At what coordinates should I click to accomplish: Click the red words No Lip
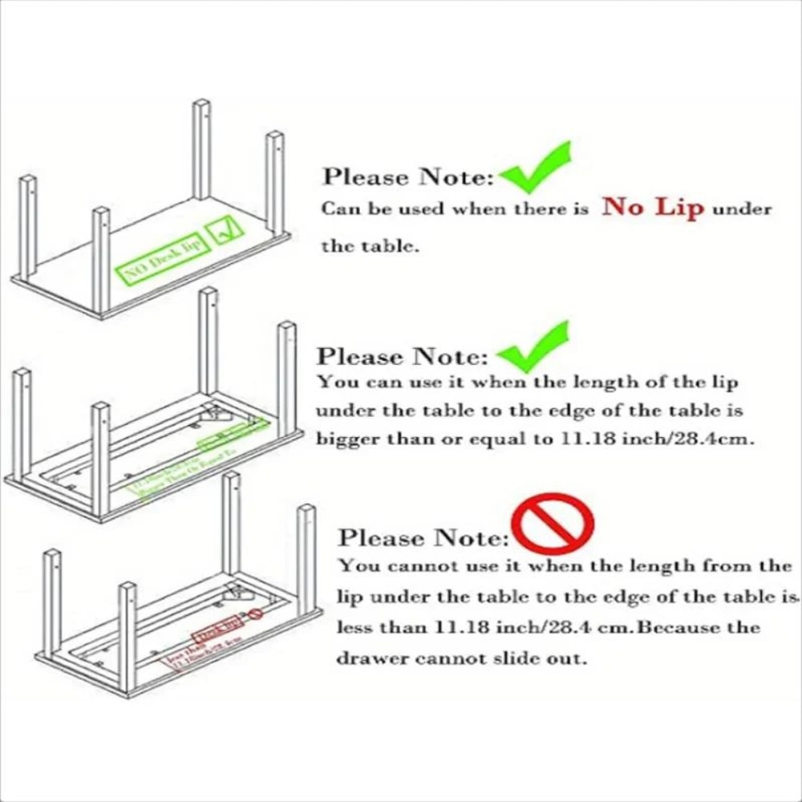point(653,208)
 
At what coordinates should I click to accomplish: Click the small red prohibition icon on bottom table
point(255,614)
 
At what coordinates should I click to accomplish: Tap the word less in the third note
point(354,627)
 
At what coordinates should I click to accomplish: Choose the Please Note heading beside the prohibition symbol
point(423,537)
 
